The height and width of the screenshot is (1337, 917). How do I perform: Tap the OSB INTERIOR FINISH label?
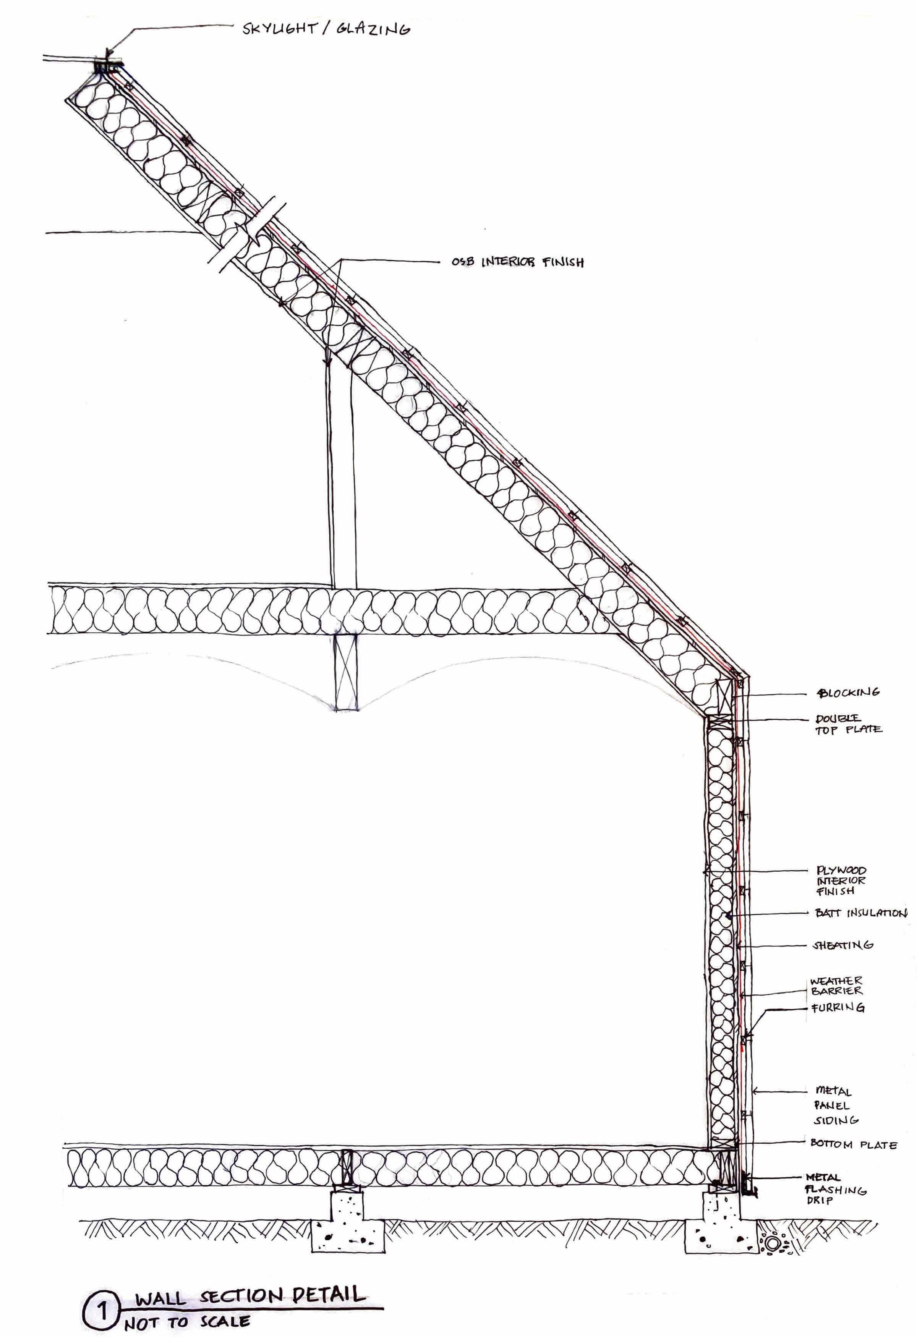pos(517,262)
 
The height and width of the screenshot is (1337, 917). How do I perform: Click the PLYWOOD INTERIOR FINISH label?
pos(841,881)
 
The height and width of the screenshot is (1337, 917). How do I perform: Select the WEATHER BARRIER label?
pos(836,986)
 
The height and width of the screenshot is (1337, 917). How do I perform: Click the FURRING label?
pos(837,1008)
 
